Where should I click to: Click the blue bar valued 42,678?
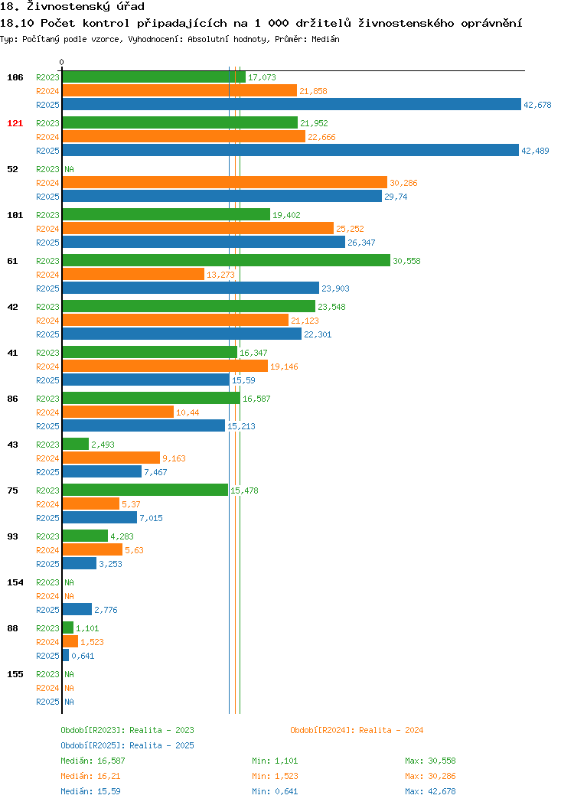coord(292,104)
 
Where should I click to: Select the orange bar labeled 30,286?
coord(225,182)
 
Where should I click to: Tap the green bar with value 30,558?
coord(227,260)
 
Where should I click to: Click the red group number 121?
coord(15,123)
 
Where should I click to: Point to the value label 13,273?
coord(220,275)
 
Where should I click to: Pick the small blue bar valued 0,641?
coord(66,655)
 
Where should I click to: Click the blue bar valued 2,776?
coord(77,609)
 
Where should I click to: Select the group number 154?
coord(15,582)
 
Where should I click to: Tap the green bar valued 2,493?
coord(76,444)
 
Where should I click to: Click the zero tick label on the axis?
coord(62,63)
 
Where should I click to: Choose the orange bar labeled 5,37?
coord(91,504)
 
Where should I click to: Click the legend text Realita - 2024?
coord(391,730)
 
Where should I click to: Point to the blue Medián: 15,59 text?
coord(91,791)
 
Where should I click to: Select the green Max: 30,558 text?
coord(430,761)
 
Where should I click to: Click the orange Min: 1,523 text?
coord(275,776)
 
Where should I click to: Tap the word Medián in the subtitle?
coord(325,39)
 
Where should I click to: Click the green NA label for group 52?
coord(70,169)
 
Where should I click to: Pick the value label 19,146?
coord(284,367)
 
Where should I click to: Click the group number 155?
coord(15,674)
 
